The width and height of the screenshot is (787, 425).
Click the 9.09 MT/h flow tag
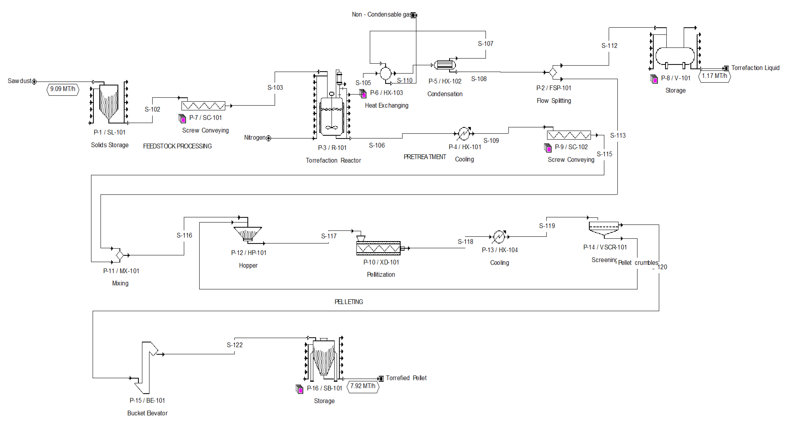[x=63, y=89]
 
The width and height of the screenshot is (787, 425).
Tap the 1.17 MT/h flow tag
[x=714, y=76]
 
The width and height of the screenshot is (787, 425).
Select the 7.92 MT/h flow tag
[x=363, y=386]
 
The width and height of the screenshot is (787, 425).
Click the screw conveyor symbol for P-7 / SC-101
[x=203, y=106]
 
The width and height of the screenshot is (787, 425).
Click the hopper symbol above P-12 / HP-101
[x=248, y=233]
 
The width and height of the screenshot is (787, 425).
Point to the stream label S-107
[x=485, y=44]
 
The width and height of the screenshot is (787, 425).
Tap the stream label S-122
[x=235, y=345]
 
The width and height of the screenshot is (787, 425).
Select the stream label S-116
[x=184, y=235]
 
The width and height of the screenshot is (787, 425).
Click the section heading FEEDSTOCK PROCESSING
[x=177, y=146]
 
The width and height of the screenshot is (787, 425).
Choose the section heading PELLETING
[x=349, y=302]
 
